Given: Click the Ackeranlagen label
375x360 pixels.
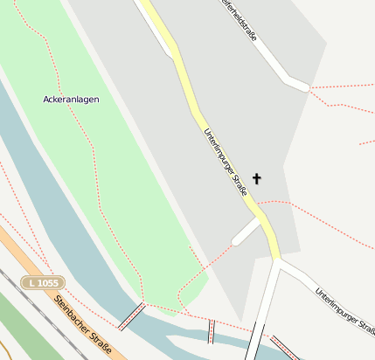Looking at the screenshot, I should [x=71, y=100].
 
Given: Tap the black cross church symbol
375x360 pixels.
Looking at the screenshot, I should [x=256, y=178].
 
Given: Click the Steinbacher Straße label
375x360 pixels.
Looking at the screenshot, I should [x=82, y=326].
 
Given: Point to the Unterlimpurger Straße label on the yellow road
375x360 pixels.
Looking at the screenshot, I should [x=225, y=162].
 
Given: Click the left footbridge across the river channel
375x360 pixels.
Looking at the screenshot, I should [x=131, y=315].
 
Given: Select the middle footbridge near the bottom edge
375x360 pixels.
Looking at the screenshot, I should [x=211, y=330].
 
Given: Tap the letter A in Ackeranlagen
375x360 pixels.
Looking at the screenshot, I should [x=46, y=100].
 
